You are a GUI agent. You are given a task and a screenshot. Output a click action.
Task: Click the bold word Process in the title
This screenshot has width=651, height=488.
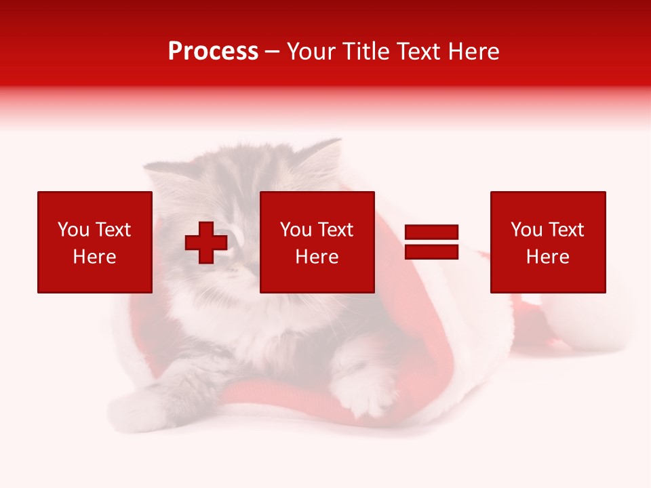[x=213, y=52]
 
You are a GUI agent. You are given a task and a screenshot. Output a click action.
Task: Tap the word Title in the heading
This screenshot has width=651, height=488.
[x=368, y=52]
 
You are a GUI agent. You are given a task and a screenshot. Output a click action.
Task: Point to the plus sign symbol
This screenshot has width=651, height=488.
[x=206, y=242]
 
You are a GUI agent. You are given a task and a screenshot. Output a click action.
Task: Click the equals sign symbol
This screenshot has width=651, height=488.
[x=432, y=242]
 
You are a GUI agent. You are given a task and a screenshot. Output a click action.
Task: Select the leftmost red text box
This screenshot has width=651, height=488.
[x=95, y=242]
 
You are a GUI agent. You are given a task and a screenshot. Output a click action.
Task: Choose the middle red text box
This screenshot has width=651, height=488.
[x=317, y=242]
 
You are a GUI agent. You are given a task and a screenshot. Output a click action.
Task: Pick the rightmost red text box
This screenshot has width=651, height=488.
[x=548, y=242]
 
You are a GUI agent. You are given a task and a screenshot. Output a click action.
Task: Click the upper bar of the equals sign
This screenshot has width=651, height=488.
[x=432, y=232]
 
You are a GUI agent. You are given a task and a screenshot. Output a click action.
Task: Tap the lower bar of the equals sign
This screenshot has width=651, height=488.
[x=432, y=251]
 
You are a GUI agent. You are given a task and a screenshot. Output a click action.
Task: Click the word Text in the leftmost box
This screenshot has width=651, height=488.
[x=113, y=230]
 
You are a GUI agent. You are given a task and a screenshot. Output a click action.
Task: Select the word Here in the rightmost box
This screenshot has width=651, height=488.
[x=548, y=257]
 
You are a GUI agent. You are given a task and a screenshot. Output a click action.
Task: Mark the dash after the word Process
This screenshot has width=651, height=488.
[x=273, y=52]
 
